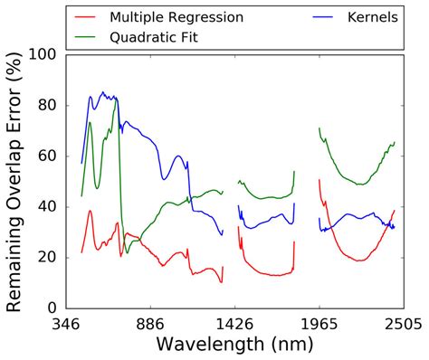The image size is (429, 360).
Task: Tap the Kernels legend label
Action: tap(367, 18)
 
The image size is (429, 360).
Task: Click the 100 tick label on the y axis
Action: tap(43, 54)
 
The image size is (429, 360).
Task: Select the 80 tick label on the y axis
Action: tap(47, 105)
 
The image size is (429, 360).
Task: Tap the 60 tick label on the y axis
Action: tap(47, 156)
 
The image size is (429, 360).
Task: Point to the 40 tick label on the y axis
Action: tap(47, 206)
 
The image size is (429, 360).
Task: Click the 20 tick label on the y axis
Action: tap(47, 257)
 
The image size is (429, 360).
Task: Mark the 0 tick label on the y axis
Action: tap(52, 308)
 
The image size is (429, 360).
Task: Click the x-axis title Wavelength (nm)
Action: tap(235, 345)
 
